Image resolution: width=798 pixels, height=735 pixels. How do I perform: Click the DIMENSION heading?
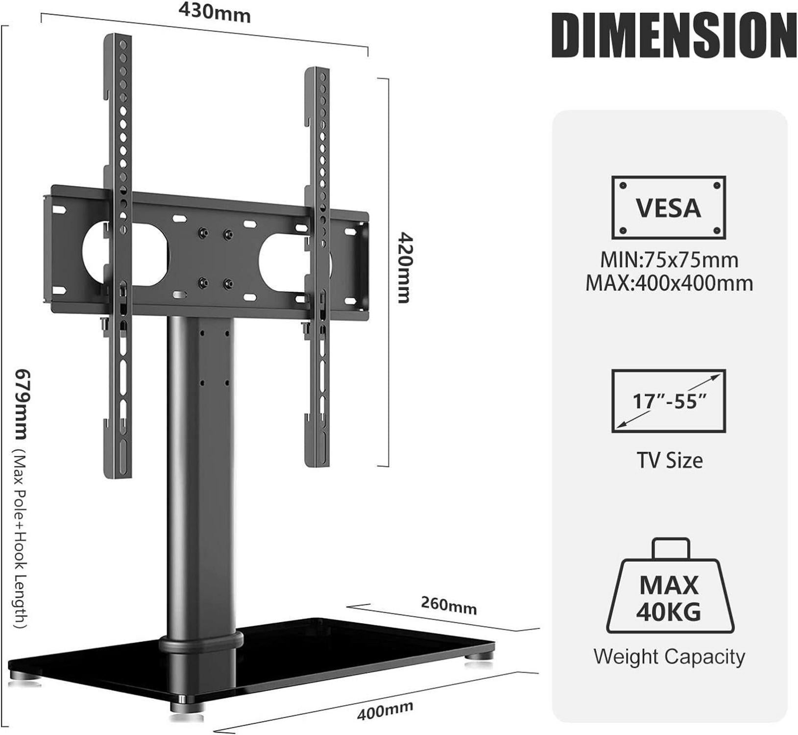coord(674,35)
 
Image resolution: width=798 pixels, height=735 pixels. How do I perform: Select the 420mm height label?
coord(405,268)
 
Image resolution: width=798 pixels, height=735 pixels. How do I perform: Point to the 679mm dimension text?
coord(22,404)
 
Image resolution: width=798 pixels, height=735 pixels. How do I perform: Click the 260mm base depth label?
coord(448,606)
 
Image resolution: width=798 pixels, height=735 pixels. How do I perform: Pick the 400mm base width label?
coord(385,710)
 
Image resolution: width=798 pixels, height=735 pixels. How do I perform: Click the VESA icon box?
coord(668,208)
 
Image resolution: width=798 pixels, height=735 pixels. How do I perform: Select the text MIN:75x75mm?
coord(669,260)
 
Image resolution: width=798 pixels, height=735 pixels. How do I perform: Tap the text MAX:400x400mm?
coord(669,284)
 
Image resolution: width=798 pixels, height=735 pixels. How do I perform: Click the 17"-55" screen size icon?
coord(669,401)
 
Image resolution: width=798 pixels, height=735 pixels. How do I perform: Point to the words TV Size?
coord(669,461)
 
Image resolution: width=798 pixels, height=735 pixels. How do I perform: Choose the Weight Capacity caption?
coord(669,657)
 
